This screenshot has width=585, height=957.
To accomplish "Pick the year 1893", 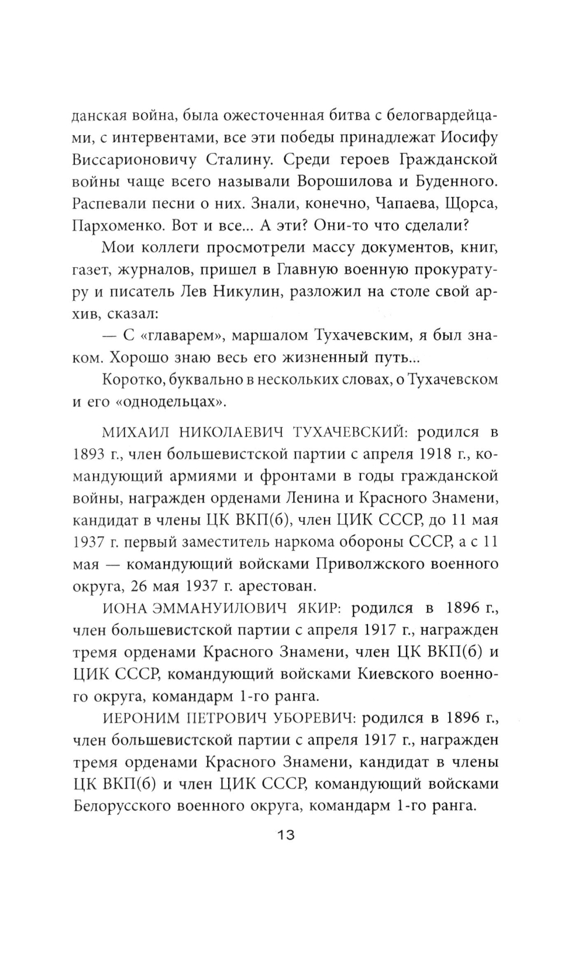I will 90,455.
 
